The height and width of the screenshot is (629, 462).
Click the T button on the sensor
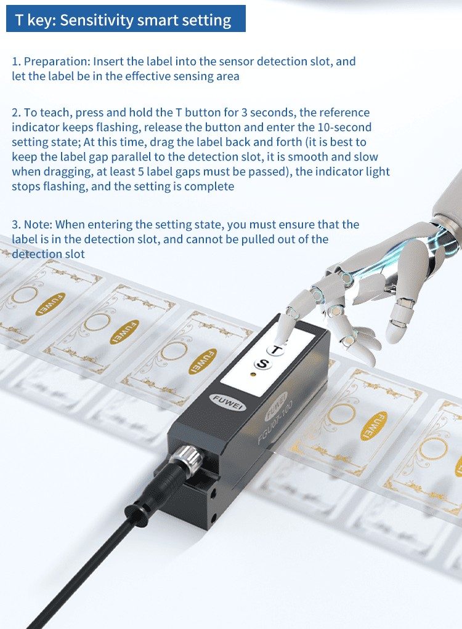[x=275, y=350]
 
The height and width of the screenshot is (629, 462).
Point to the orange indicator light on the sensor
[x=253, y=375]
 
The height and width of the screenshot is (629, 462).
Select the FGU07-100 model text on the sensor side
[x=275, y=422]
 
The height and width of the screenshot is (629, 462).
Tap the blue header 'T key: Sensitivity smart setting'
[x=126, y=19]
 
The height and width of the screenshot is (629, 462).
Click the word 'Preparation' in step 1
[x=55, y=62]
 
